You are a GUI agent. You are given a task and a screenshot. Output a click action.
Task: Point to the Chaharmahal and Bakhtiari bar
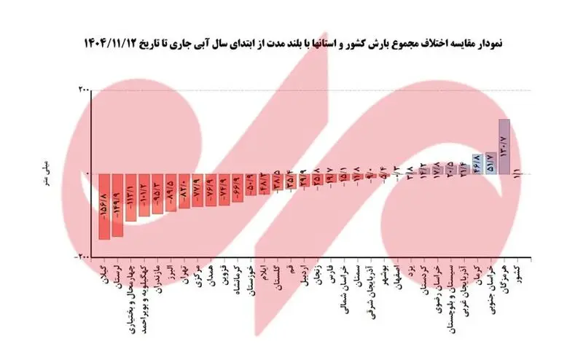(x=131, y=197)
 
